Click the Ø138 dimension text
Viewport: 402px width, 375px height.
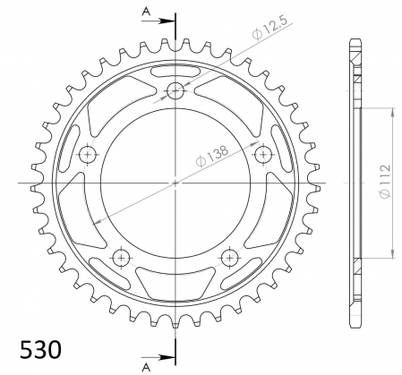click(212, 156)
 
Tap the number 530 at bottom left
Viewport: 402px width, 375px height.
click(40, 349)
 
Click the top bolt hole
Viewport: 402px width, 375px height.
click(175, 89)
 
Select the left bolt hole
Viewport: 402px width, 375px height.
click(88, 154)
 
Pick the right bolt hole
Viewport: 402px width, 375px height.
click(263, 154)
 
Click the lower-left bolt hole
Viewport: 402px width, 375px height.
click(121, 258)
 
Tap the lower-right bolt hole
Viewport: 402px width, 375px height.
click(230, 258)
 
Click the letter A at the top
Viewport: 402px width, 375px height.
click(146, 12)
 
